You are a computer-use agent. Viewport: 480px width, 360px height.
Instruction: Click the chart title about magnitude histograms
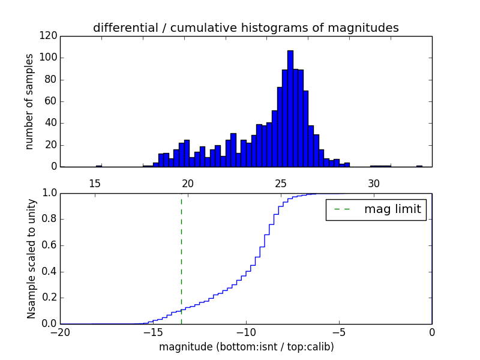click(x=245, y=28)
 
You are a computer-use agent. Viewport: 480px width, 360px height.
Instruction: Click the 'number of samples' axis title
click(x=29, y=101)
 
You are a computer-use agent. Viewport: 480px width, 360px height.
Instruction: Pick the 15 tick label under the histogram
click(x=94, y=184)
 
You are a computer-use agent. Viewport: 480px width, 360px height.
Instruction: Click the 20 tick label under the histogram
click(x=187, y=184)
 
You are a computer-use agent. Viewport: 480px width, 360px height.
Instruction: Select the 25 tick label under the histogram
click(x=280, y=184)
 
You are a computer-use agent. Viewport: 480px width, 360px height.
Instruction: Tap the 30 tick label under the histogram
click(x=373, y=184)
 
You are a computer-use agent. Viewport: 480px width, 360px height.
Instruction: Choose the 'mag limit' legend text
click(x=392, y=209)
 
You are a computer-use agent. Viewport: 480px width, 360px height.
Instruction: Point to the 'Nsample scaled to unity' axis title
click(x=31, y=258)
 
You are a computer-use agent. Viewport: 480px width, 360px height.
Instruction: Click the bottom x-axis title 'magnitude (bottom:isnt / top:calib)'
click(x=246, y=347)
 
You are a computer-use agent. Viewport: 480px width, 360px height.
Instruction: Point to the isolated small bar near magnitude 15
click(x=98, y=166)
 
